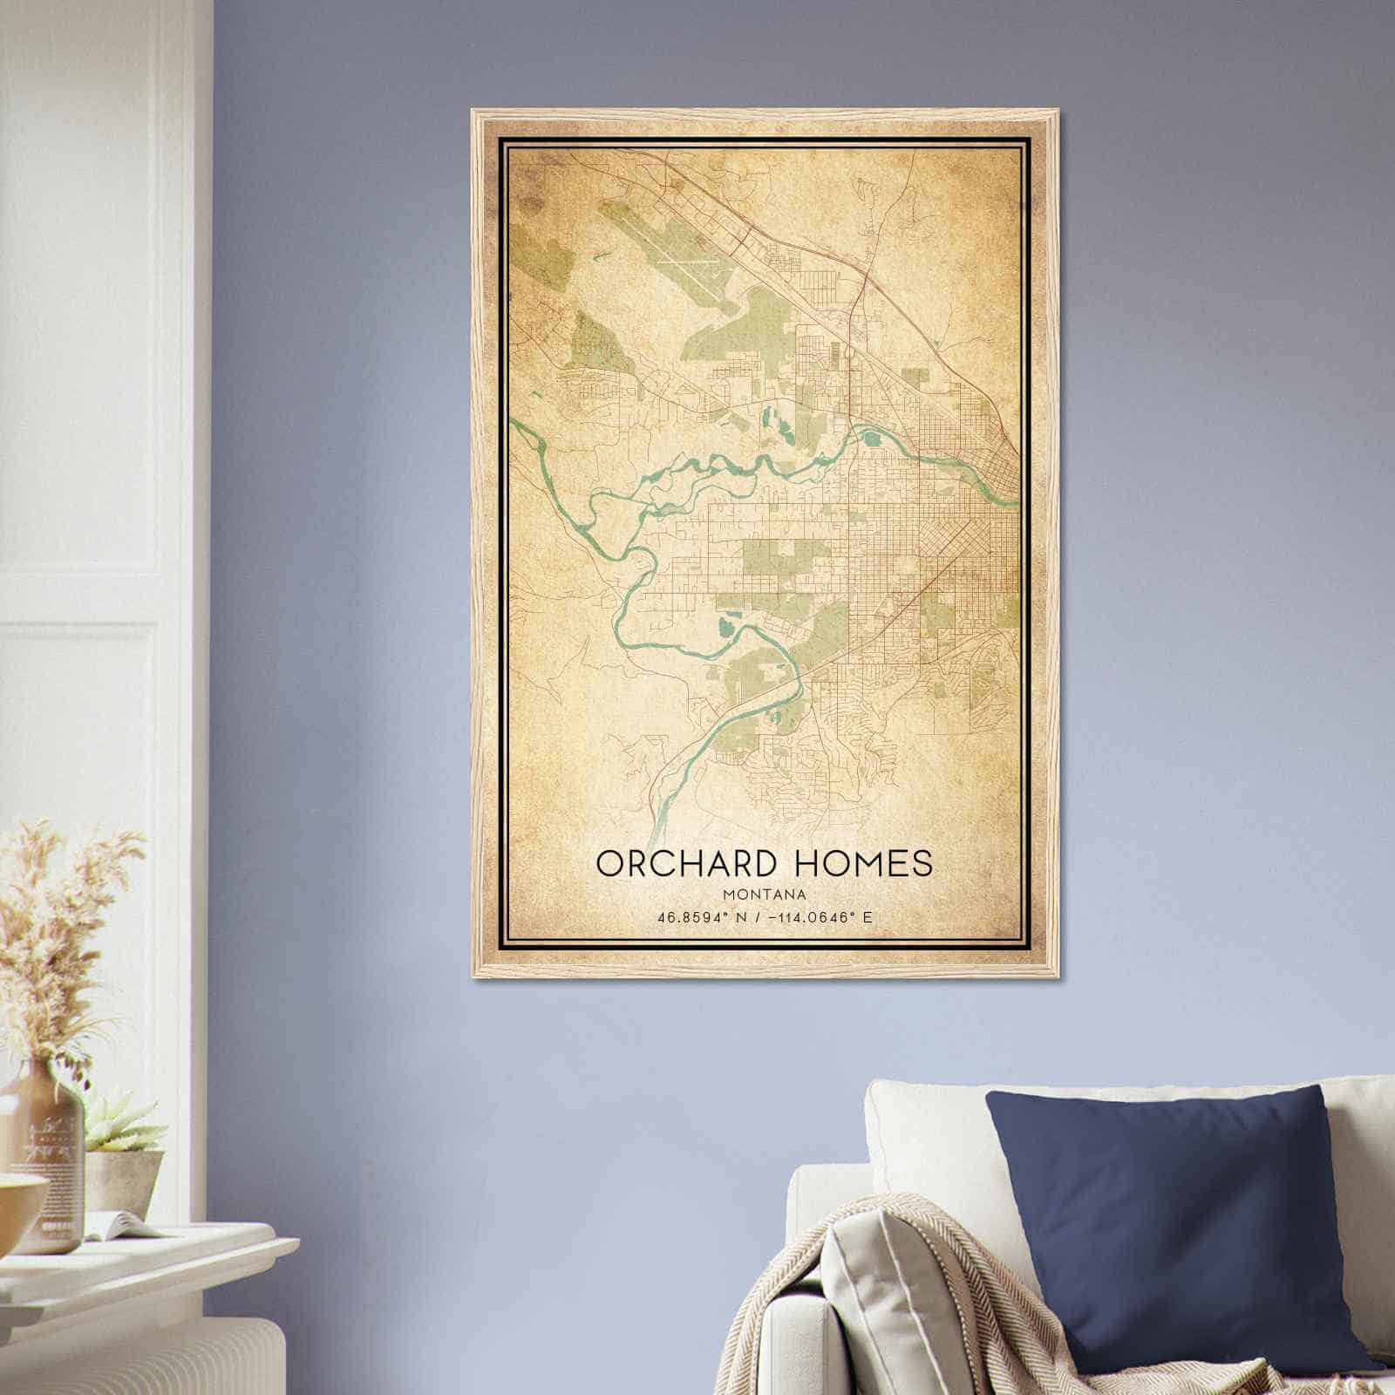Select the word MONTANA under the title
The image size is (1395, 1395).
764,895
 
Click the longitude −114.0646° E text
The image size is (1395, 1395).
825,918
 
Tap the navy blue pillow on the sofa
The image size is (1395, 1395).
1186,1221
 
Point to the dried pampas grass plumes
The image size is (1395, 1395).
61,915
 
